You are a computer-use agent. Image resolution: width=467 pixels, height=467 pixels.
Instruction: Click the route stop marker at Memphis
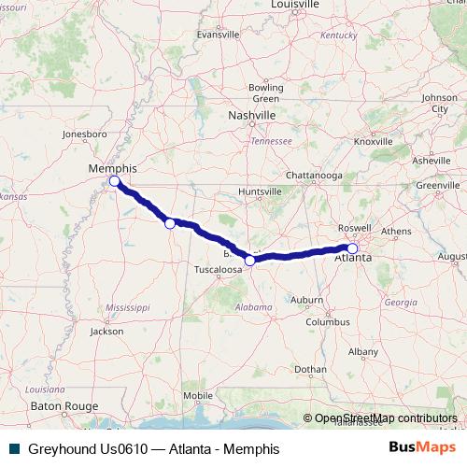coord(114,180)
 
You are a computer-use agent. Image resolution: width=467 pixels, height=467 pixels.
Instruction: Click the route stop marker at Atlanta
coord(352,248)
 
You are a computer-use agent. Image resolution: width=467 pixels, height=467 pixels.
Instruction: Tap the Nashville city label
coord(252,115)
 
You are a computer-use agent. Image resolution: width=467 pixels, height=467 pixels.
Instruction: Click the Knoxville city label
coord(374,141)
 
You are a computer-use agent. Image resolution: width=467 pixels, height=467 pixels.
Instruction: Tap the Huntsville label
coord(261,191)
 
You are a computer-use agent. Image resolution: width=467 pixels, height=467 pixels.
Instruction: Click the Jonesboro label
coord(86,134)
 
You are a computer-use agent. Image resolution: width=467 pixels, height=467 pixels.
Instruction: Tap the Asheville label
coord(431,161)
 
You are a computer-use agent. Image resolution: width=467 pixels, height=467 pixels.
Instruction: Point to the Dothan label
coord(310,370)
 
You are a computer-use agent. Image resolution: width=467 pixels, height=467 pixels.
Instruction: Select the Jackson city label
coord(106,331)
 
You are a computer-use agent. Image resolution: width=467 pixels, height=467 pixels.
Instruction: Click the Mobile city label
coord(199,395)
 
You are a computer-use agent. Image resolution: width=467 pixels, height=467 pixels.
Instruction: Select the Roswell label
coord(356,227)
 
